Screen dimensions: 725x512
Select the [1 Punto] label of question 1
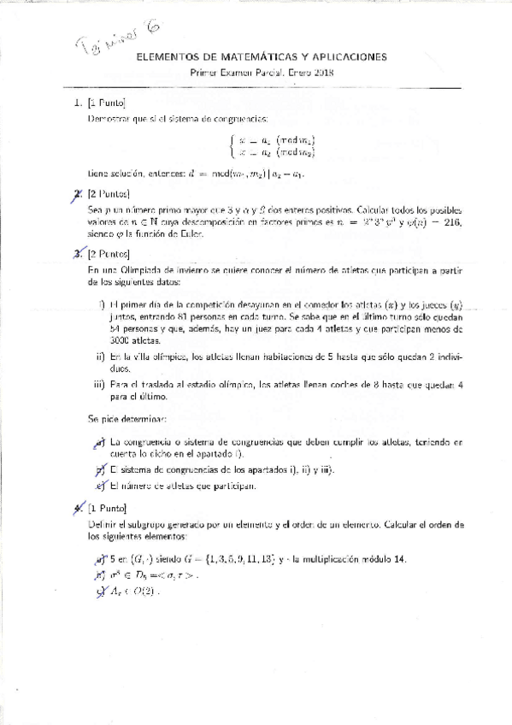point(107,103)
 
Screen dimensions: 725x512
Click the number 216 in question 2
point(447,221)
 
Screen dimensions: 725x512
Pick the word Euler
point(192,233)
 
